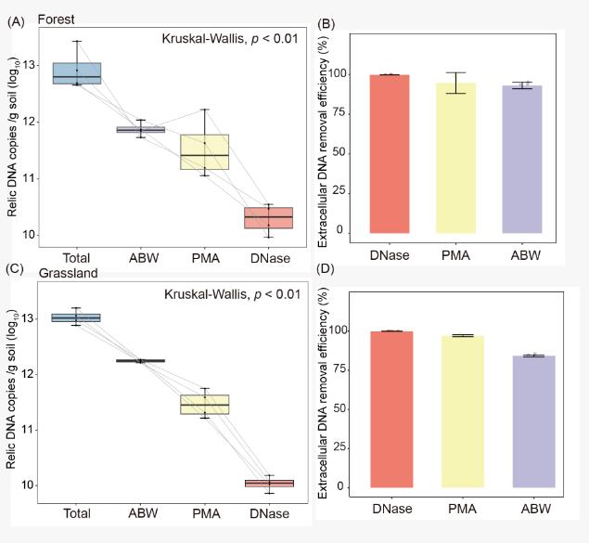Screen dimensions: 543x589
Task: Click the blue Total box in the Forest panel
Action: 77,73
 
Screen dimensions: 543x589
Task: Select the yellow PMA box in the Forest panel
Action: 205,152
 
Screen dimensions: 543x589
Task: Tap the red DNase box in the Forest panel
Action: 268,217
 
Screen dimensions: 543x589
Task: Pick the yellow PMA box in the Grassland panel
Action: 205,405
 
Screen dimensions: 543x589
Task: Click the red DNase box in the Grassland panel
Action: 268,483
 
